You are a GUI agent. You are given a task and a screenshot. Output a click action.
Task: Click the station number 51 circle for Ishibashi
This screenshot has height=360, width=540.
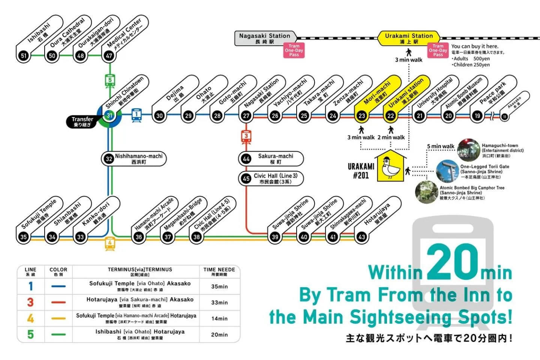pyautogui.click(x=24, y=56)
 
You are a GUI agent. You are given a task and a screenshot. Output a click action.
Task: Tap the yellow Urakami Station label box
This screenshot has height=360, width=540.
pyautogui.click(x=409, y=38)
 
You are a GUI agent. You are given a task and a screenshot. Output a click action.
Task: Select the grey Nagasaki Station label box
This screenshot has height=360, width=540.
pyautogui.click(x=265, y=38)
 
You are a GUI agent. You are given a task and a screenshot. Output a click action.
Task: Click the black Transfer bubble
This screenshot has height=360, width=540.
pyautogui.click(x=82, y=121)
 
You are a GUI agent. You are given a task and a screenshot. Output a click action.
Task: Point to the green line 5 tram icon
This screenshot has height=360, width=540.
pyautogui.click(x=110, y=81)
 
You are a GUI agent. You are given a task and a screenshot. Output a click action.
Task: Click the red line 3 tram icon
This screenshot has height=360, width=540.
pyautogui.click(x=246, y=137)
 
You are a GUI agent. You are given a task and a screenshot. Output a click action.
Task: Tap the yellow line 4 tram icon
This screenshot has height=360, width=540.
pyautogui.click(x=110, y=243)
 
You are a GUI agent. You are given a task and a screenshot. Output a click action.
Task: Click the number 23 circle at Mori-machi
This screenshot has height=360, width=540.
pyautogui.click(x=361, y=116)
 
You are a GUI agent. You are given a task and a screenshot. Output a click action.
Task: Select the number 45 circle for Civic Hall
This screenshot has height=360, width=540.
pyautogui.click(x=246, y=179)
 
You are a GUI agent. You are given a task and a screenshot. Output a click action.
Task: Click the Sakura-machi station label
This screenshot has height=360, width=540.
pyautogui.click(x=275, y=159)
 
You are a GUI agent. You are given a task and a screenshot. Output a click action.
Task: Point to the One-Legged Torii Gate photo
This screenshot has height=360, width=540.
pyautogui.click(x=447, y=171)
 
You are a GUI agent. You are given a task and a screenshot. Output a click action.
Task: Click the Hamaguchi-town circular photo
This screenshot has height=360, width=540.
pyautogui.click(x=468, y=150)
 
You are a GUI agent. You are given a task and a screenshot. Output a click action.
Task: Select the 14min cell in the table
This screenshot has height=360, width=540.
pyautogui.click(x=219, y=318)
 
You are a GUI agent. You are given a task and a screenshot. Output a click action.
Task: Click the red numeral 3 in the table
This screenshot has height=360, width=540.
pyautogui.click(x=30, y=302)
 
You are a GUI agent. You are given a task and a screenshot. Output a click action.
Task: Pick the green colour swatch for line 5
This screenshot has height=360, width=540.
pyautogui.click(x=58, y=334)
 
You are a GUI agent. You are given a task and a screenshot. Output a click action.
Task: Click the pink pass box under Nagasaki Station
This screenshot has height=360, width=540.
pyautogui.click(x=294, y=50)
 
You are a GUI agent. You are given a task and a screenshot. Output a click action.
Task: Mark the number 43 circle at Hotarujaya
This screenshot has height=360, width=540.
pyautogui.click(x=361, y=237)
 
